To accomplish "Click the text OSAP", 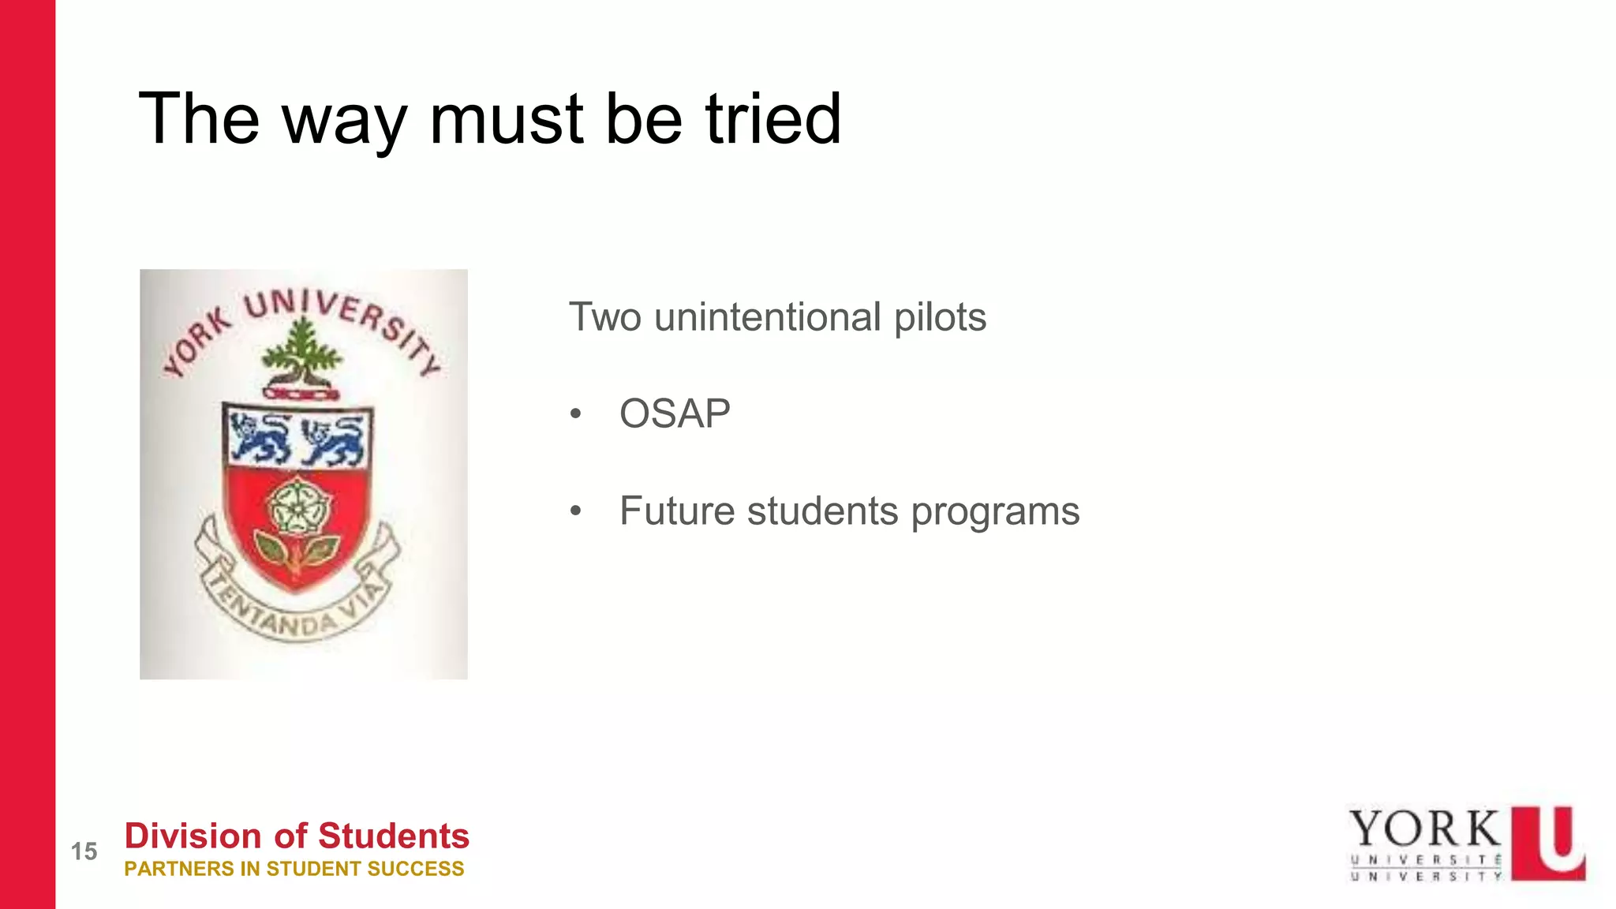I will [675, 413].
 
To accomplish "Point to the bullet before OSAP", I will [576, 414].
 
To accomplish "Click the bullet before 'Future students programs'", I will [576, 511].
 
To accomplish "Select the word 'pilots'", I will [939, 317].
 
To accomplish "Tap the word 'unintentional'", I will [767, 317].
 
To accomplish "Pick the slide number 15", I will [84, 851].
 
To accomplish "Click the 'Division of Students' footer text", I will [297, 836].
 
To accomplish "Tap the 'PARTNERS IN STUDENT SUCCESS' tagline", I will [294, 869].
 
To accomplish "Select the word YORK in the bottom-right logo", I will [1424, 829].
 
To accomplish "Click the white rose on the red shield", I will [296, 507].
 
